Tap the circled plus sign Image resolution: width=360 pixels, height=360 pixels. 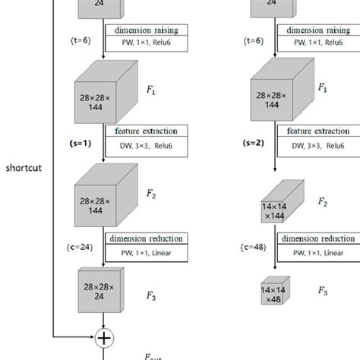tap(103, 335)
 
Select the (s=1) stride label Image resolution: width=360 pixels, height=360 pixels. tap(81, 142)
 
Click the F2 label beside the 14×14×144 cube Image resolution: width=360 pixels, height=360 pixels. tap(322, 203)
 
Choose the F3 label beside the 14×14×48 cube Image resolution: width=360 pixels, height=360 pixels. tap(323, 290)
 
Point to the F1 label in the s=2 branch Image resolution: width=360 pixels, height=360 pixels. tap(322, 89)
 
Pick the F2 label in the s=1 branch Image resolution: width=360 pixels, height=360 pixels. tap(150, 195)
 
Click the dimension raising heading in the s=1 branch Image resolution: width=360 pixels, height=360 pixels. tap(146, 30)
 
